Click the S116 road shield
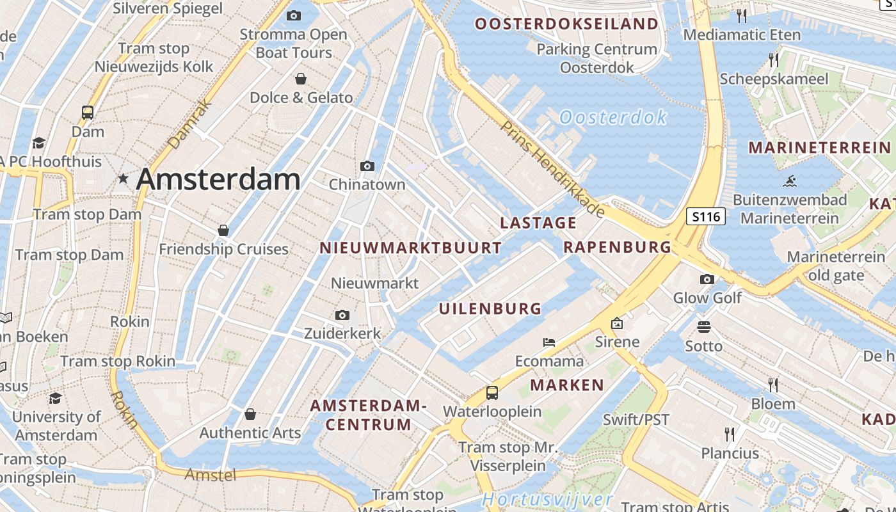[707, 217]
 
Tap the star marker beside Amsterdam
[123, 179]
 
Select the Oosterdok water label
[612, 117]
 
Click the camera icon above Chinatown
[367, 166]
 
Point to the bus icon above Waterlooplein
[492, 393]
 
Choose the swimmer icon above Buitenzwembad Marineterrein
[789, 181]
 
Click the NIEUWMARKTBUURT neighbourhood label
[410, 248]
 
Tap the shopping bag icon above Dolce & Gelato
[300, 79]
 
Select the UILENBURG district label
[490, 308]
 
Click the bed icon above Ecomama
[549, 342]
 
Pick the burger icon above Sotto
[704, 328]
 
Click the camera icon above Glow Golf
[707, 279]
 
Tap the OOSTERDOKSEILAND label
[566, 24]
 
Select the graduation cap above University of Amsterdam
[56, 399]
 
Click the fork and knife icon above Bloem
[773, 385]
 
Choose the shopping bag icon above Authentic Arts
[250, 414]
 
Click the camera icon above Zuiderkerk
[342, 315]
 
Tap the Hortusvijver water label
[548, 499]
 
